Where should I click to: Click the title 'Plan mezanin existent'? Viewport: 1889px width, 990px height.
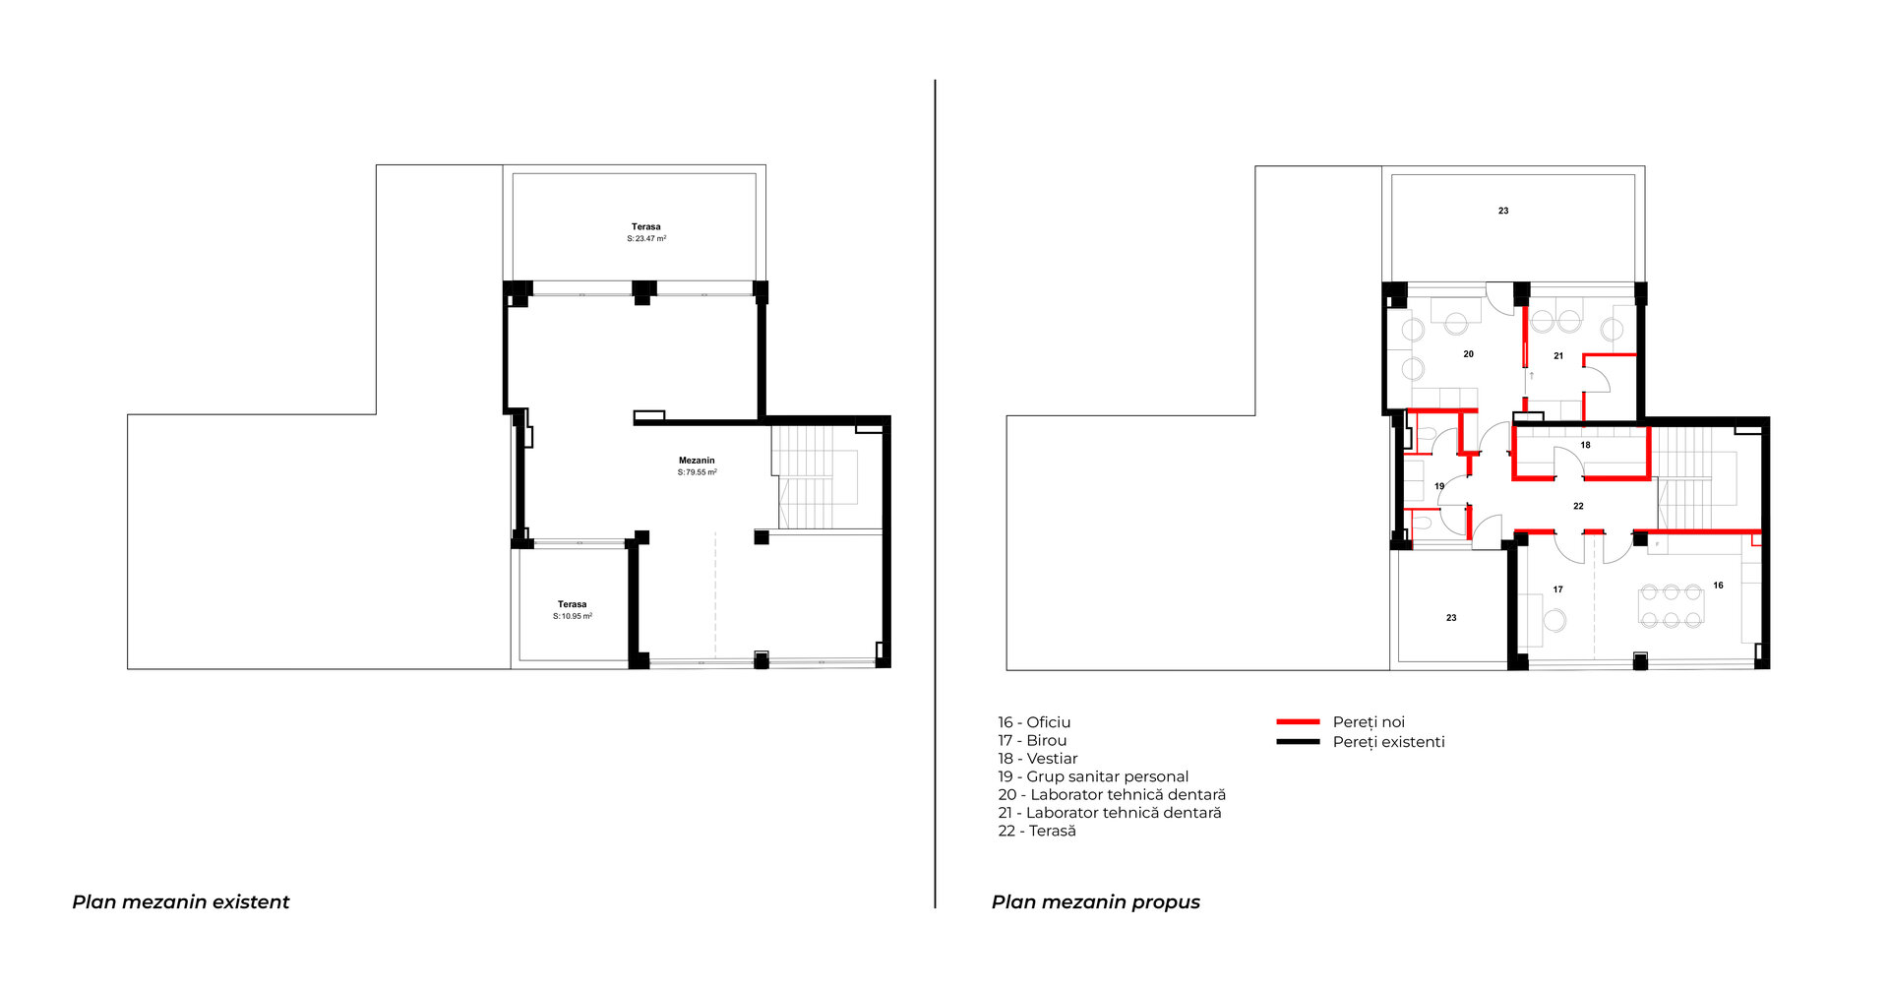(x=181, y=902)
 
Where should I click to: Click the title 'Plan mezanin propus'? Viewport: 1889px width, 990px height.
(x=1096, y=902)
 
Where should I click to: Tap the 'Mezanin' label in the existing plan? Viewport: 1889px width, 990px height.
(x=697, y=461)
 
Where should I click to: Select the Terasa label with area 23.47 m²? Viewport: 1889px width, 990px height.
(x=646, y=232)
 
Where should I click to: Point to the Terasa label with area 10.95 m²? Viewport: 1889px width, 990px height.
(x=573, y=610)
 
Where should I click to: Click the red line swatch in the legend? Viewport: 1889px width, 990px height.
(x=1298, y=722)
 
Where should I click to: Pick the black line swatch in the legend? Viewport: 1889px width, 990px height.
(x=1298, y=742)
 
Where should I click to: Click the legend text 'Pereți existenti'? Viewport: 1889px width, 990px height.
(x=1388, y=742)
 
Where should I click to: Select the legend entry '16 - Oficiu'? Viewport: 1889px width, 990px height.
(x=1034, y=722)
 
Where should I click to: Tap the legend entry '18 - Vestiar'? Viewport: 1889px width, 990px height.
(x=1038, y=759)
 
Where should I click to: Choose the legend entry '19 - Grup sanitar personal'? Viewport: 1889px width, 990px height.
(x=1093, y=776)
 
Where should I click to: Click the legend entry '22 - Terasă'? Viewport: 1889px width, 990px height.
(x=1037, y=831)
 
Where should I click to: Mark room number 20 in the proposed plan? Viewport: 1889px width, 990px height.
(x=1468, y=354)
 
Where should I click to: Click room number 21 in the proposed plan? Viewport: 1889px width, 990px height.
(x=1558, y=356)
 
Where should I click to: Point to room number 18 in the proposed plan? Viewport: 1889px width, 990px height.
(x=1585, y=445)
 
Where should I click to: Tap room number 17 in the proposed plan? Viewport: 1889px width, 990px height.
(x=1557, y=589)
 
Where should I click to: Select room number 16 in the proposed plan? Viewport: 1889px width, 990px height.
(x=1718, y=586)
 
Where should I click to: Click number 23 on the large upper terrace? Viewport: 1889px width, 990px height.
(x=1503, y=211)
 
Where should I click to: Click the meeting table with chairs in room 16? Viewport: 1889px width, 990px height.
(x=1671, y=606)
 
